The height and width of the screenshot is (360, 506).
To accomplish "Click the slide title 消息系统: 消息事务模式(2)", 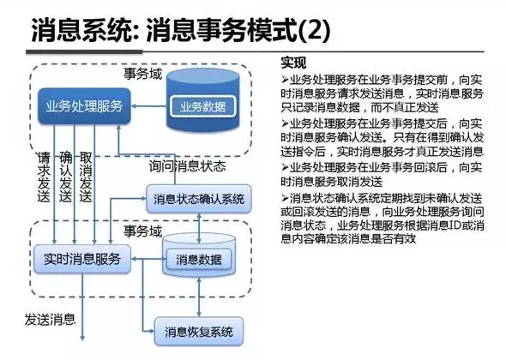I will [x=180, y=33].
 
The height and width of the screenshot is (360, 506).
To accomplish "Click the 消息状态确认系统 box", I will [x=200, y=199].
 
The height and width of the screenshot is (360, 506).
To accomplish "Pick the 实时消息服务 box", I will [x=81, y=257].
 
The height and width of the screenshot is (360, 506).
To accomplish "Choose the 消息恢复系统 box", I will [x=199, y=330].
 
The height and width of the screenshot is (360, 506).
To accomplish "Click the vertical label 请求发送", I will [x=43, y=177].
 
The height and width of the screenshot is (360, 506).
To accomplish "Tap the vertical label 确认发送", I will [x=65, y=177].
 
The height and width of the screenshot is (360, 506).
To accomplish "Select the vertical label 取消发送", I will [x=86, y=177].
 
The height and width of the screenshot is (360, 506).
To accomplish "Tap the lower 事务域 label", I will [x=142, y=231].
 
